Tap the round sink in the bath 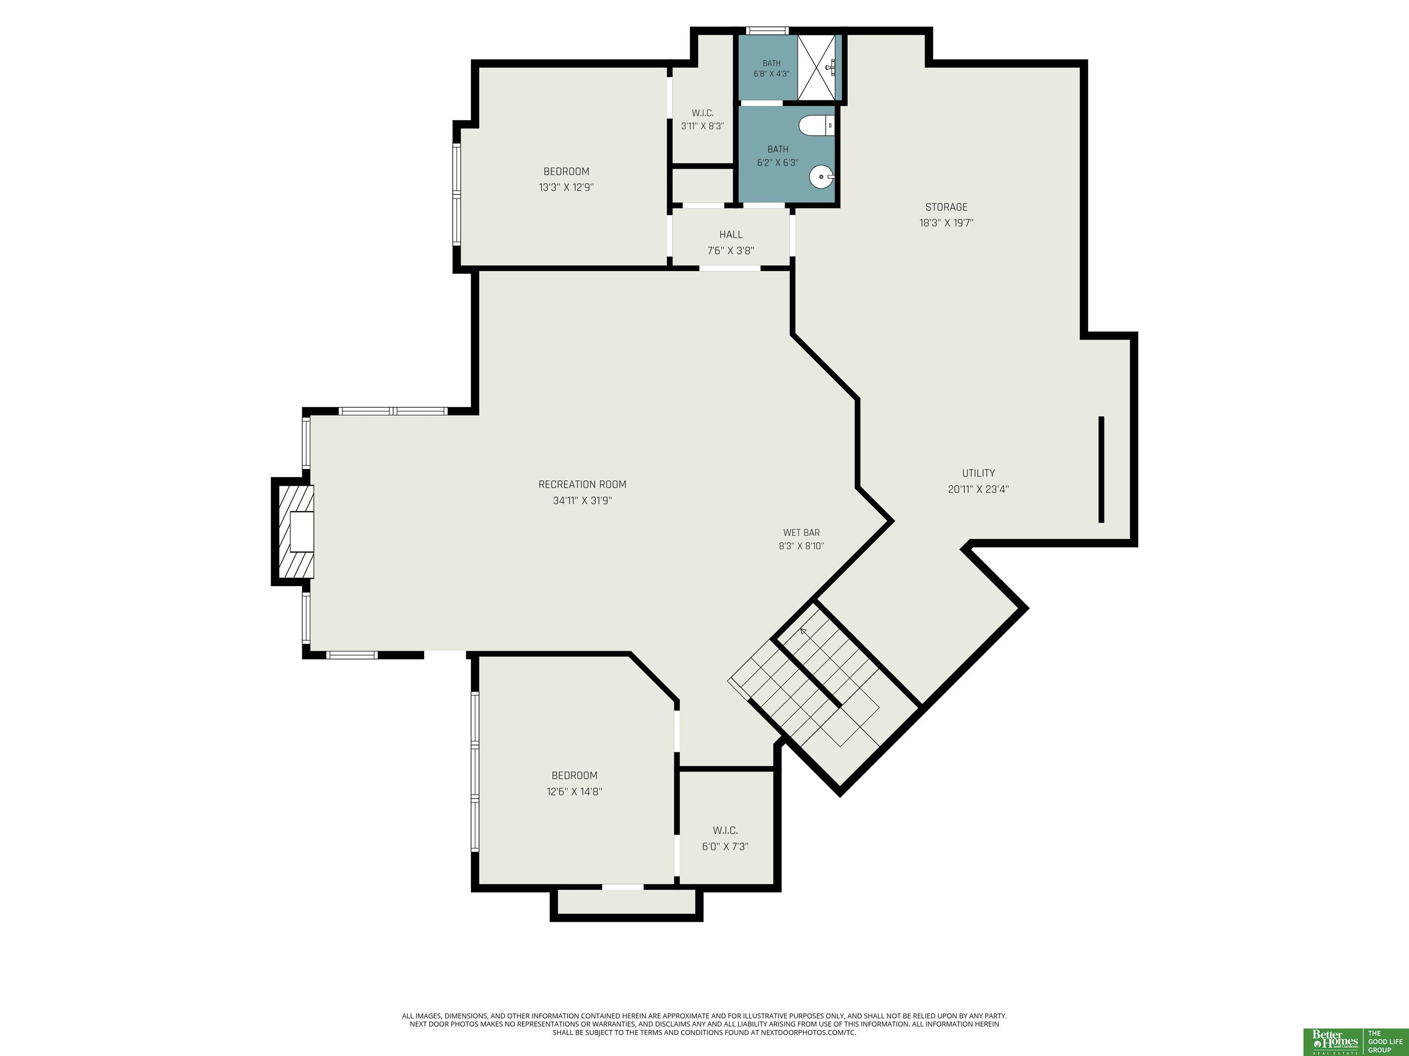pyautogui.click(x=822, y=177)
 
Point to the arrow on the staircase pyautogui.click(x=803, y=632)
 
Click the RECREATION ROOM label pyautogui.click(x=582, y=484)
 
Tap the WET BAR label pyautogui.click(x=801, y=532)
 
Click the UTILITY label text pyautogui.click(x=978, y=473)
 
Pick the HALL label pyautogui.click(x=731, y=235)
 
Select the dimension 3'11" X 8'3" pyautogui.click(x=703, y=126)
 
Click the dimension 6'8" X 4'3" pyautogui.click(x=771, y=74)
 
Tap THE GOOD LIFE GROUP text pyautogui.click(x=1384, y=1041)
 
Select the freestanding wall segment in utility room pyautogui.click(x=1101, y=470)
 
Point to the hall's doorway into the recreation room pyautogui.click(x=730, y=268)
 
